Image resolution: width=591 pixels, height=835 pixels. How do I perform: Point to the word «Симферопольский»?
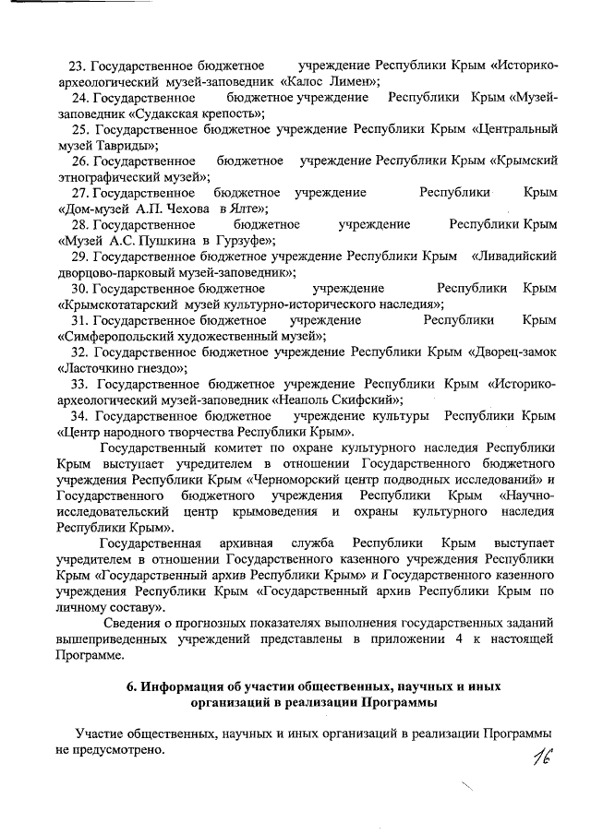(115, 335)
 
